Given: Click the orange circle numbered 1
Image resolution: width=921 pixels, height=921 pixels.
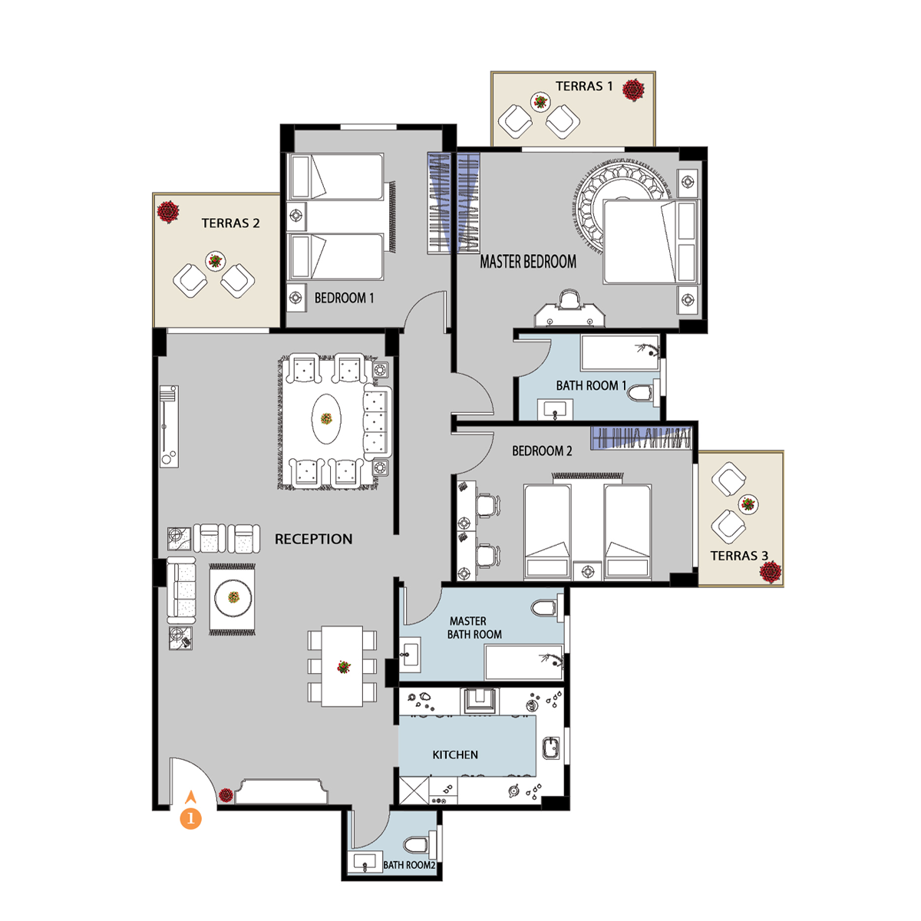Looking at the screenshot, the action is click(x=190, y=819).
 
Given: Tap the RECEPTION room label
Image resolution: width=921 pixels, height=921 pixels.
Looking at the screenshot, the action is click(x=313, y=539).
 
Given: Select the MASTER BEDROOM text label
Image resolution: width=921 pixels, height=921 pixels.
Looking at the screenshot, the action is click(x=527, y=262).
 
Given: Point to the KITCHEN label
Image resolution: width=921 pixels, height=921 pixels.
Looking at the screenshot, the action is click(x=455, y=754).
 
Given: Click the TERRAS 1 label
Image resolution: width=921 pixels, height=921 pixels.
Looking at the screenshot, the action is click(x=583, y=86).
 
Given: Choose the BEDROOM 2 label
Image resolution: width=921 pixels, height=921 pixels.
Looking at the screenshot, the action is click(x=542, y=451).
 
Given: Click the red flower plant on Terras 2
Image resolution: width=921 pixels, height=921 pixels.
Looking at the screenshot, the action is click(x=168, y=211).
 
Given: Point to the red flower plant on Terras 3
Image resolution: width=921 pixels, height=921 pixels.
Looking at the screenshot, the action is click(x=770, y=572).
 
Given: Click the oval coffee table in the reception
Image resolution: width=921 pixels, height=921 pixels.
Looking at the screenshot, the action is click(x=326, y=419).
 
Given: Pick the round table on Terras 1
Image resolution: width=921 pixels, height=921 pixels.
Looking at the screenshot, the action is click(x=540, y=102).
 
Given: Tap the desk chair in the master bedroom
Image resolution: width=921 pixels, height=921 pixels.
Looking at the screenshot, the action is click(x=569, y=301).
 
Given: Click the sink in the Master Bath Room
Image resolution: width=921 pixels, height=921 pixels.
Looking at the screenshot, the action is click(x=410, y=654).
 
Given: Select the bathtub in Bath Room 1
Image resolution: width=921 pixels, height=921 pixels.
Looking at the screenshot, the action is click(x=620, y=352).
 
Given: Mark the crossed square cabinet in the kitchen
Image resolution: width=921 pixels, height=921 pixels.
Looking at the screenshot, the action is click(x=414, y=791).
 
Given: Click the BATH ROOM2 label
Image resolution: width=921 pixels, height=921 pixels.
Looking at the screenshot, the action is click(x=409, y=865).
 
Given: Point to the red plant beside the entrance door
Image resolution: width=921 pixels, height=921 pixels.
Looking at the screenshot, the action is click(x=226, y=795).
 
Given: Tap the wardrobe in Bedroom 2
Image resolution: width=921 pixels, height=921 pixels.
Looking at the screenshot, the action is click(x=641, y=437).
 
